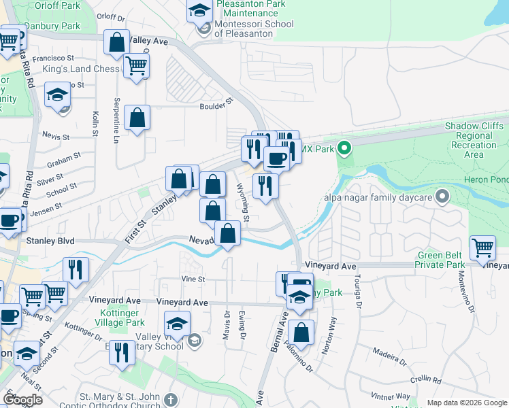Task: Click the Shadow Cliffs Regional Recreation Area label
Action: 474,141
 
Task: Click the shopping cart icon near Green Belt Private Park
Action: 482,249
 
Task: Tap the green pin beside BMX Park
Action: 344,148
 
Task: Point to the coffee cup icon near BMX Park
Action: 277,159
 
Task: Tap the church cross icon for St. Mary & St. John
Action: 170,399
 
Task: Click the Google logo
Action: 23,399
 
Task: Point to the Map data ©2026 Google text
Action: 467,403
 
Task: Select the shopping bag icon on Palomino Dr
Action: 301,333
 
